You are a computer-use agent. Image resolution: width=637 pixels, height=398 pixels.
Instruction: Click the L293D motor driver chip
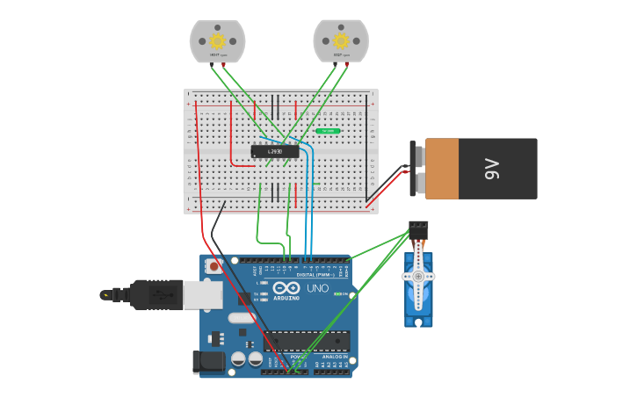(x=275, y=151)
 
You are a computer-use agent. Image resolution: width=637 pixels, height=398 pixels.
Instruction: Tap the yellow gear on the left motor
(x=217, y=40)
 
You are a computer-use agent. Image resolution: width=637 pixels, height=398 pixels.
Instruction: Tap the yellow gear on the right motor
(x=341, y=40)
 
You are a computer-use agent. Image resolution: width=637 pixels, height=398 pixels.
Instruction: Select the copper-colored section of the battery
(x=453, y=168)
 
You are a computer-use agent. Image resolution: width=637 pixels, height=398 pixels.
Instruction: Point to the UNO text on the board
(x=317, y=288)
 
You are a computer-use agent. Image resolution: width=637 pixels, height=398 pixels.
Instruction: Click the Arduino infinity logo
(x=286, y=288)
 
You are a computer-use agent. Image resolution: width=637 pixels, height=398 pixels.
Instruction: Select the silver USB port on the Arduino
(x=202, y=295)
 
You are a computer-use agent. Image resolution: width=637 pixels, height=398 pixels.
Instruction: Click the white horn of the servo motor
(x=418, y=276)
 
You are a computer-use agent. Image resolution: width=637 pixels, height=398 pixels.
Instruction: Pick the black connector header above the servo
(x=418, y=228)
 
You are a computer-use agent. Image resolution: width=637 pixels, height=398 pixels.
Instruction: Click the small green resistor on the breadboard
(x=329, y=131)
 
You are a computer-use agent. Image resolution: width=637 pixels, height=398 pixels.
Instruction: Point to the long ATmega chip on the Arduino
(x=307, y=342)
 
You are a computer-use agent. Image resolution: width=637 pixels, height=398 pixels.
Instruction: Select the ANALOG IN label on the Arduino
(x=335, y=357)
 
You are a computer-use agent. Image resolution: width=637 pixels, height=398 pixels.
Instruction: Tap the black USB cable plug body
(x=156, y=295)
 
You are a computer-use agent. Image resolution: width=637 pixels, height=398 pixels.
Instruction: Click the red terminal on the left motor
(x=223, y=64)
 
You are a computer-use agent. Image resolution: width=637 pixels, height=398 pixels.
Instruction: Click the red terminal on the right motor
(x=347, y=64)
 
